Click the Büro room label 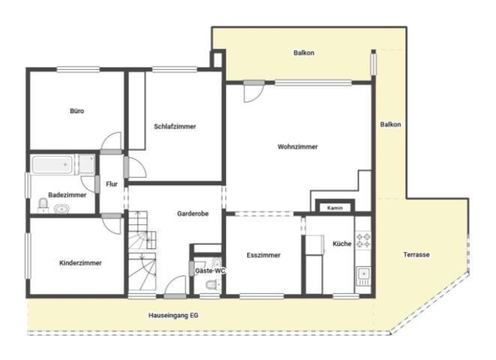[77, 111]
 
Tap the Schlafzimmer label [175, 127]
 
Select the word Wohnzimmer [297, 146]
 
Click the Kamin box [335, 208]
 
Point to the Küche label [342, 244]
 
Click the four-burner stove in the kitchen [363, 240]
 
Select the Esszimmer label [264, 255]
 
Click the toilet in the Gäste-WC [214, 285]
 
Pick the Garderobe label [193, 214]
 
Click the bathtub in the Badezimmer [52, 164]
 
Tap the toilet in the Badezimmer [43, 205]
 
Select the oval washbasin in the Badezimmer [61, 209]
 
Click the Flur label [112, 184]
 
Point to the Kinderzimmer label [80, 263]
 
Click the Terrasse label [417, 254]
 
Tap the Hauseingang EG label [173, 315]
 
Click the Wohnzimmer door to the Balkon [254, 91]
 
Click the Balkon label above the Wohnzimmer [303, 53]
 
